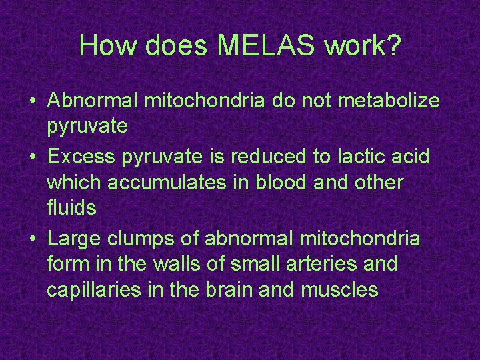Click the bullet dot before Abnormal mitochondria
pyautogui.click(x=33, y=102)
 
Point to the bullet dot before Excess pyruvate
pyautogui.click(x=33, y=157)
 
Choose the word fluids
pyautogui.click(x=72, y=208)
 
